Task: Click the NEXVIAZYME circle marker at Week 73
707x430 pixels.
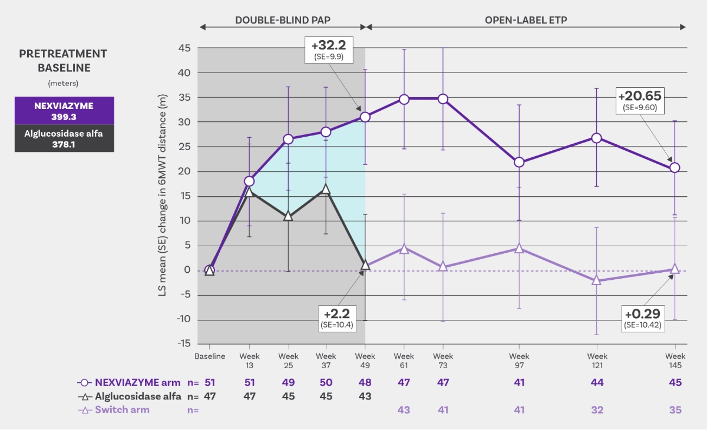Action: [442, 99]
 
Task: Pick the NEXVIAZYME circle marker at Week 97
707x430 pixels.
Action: [519, 162]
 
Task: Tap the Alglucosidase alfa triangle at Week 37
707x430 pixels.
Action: [326, 189]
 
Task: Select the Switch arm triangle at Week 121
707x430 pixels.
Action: [597, 280]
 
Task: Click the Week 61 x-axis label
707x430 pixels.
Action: [404, 360]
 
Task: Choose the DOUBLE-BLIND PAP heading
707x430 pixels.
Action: [283, 19]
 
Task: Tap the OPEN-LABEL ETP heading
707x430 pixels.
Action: [527, 19]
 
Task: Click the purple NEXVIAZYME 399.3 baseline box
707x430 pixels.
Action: [64, 111]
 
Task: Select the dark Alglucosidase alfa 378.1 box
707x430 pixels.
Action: [64, 138]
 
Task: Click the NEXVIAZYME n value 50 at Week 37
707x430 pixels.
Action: [326, 382]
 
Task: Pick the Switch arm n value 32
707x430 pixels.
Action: [597, 410]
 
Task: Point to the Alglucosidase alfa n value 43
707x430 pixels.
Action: [365, 396]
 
